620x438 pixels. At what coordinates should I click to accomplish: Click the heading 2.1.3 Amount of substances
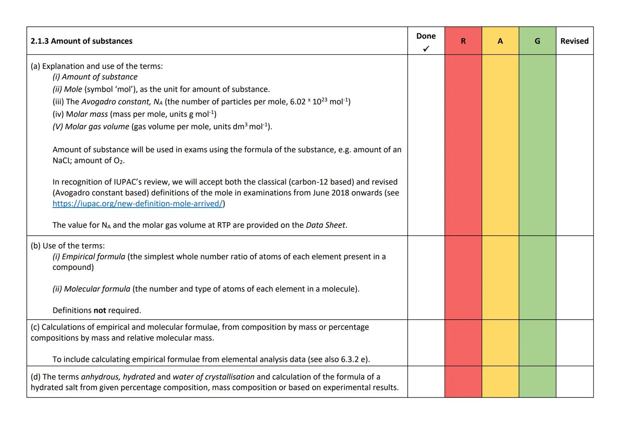pyautogui.click(x=82, y=41)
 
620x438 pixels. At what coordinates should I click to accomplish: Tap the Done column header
pyautogui.click(x=426, y=36)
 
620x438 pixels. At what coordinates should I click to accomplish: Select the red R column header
pyautogui.click(x=463, y=41)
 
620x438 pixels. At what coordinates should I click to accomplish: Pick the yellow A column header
pyautogui.click(x=500, y=41)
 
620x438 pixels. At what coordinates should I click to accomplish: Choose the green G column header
pyautogui.click(x=537, y=41)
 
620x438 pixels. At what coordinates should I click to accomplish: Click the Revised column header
pyautogui.click(x=574, y=41)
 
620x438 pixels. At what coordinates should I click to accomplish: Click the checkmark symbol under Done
pyautogui.click(x=426, y=49)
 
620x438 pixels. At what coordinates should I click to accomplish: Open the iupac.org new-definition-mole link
pyautogui.click(x=138, y=204)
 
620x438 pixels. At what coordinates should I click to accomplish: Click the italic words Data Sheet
pyautogui.click(x=326, y=225)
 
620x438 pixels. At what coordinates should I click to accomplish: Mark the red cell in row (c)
pyautogui.click(x=463, y=343)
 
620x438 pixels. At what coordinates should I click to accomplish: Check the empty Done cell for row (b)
pyautogui.click(x=426, y=278)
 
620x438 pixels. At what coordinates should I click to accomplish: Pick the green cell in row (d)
pyautogui.click(x=537, y=382)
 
